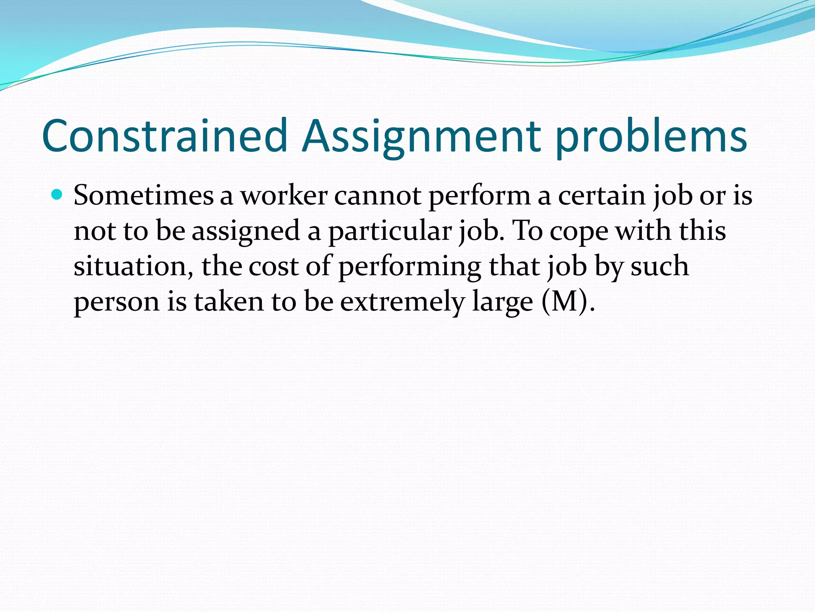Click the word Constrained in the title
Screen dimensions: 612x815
tap(164, 135)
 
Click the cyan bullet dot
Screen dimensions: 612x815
tap(58, 195)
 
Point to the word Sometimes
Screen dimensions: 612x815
tap(144, 196)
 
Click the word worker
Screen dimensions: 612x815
tap(284, 196)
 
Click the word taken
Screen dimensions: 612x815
tap(229, 301)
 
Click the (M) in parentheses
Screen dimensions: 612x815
tap(565, 302)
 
